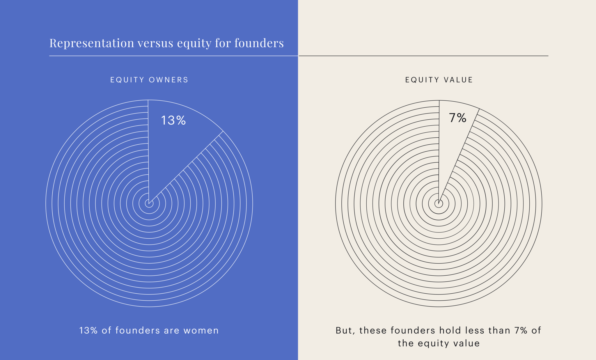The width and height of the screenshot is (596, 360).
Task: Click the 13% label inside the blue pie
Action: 173,120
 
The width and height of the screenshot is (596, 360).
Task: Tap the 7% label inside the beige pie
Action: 457,118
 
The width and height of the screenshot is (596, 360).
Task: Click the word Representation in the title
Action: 92,43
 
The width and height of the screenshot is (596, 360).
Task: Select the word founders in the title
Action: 259,43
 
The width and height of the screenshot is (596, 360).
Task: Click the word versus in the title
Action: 155,43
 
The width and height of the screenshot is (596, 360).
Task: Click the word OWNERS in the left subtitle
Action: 168,80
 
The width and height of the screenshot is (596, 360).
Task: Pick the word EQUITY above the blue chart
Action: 127,80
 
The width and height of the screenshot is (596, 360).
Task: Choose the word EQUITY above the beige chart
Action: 422,80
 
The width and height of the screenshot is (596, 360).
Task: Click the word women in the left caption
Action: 201,331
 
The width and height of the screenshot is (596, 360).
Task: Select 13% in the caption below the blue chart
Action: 88,331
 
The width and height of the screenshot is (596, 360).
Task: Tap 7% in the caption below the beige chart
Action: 521,331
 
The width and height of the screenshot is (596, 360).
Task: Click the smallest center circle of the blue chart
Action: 149,204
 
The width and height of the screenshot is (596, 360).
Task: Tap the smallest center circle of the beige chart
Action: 439,204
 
